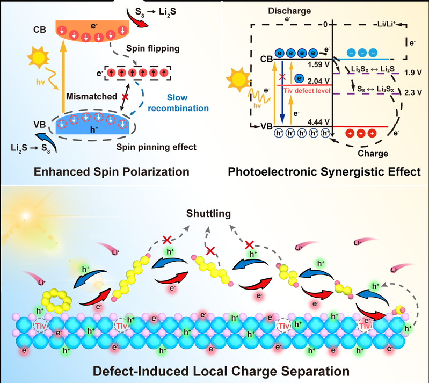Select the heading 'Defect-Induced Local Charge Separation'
click(214, 371)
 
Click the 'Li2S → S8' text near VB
click(23, 147)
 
